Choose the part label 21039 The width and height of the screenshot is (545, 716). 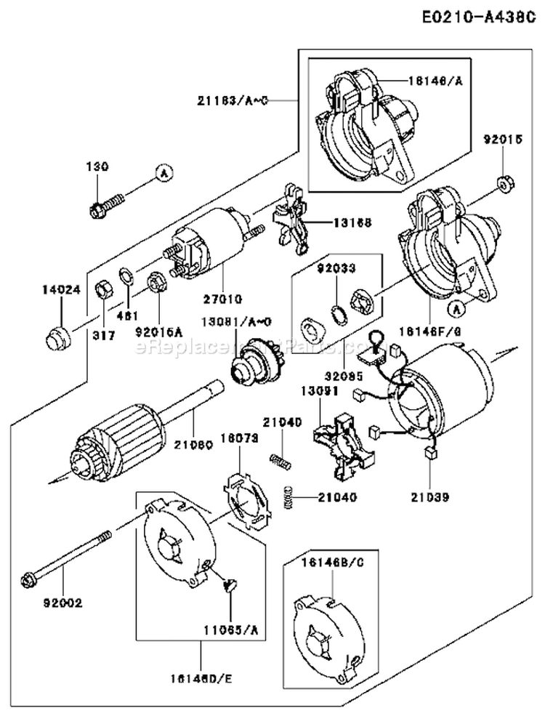click(428, 498)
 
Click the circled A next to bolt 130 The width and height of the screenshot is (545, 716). click(164, 173)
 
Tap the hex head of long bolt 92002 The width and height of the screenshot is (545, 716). click(31, 579)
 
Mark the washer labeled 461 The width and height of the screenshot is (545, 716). click(126, 276)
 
